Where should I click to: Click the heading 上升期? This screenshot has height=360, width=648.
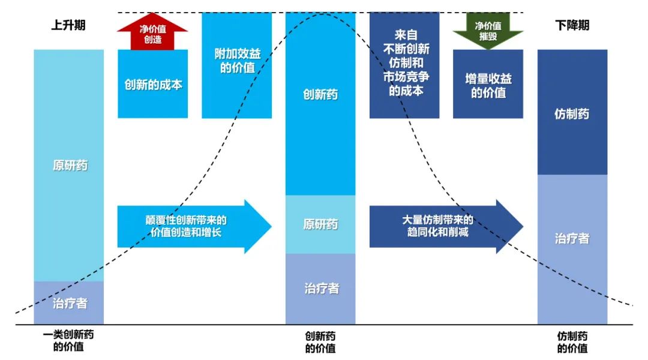tap(68, 26)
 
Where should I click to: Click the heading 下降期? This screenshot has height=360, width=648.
tap(572, 26)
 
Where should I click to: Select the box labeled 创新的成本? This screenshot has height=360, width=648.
tap(152, 84)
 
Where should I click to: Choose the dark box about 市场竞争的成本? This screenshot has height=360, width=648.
tap(404, 66)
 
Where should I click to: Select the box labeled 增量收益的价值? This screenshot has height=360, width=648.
tap(488, 85)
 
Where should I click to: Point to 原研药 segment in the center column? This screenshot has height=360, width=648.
tap(320, 224)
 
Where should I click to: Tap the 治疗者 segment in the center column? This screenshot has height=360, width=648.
tap(320, 289)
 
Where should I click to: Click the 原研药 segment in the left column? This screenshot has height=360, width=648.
tap(68, 165)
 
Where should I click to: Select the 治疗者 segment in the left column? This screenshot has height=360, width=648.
tap(68, 303)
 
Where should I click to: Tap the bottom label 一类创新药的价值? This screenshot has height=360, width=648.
tap(68, 341)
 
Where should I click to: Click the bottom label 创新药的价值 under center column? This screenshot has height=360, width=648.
tap(320, 342)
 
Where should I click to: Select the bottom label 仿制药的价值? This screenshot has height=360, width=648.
tap(572, 342)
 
